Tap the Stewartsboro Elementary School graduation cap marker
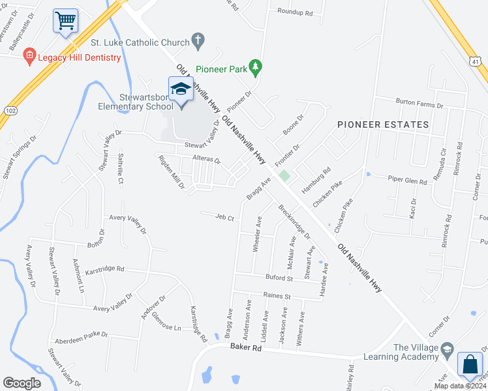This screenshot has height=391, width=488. click(x=181, y=89)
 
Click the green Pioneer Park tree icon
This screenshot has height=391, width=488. click(x=256, y=66)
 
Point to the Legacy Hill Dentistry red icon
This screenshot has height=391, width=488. click(x=29, y=57)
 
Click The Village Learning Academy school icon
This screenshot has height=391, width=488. click(x=447, y=352)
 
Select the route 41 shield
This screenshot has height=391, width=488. click(x=476, y=61)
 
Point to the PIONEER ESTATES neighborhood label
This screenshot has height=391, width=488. click(x=383, y=124)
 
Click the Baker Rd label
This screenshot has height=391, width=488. click(x=245, y=349)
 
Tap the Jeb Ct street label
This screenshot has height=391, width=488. click(x=224, y=217)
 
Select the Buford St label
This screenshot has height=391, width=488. click(x=280, y=278)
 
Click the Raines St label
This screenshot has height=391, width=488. click(x=276, y=297)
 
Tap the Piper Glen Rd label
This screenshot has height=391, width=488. click(x=407, y=179)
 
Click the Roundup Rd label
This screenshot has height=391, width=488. click(x=295, y=12)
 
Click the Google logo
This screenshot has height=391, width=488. click(x=22, y=383)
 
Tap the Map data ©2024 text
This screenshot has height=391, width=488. click(x=459, y=386)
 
